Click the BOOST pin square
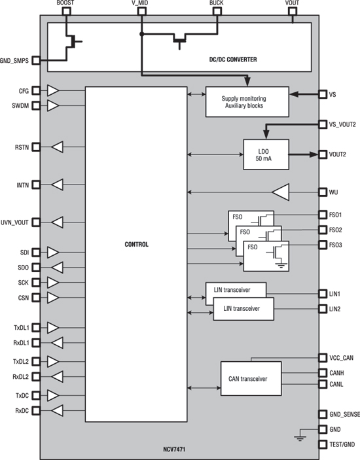tap(67, 11)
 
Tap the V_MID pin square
tap(142, 11)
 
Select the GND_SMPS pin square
tap(36, 60)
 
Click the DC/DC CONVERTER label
tap(233, 60)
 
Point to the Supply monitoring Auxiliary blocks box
tap(247, 102)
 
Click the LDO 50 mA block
tap(266, 154)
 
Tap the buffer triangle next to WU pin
tap(281, 192)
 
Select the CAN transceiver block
tap(251, 378)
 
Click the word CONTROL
tap(136, 244)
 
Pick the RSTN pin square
tap(36, 147)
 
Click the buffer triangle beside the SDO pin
tap(57, 268)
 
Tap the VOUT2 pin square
tap(323, 154)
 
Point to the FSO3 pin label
tap(335, 245)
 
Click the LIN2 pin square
tap(323, 309)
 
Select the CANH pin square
tap(323, 373)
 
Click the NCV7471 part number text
tap(174, 449)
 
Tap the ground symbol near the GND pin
tap(300, 438)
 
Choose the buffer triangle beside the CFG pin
tap(53, 91)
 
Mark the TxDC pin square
tap(36, 395)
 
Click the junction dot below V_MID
tap(142, 34)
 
